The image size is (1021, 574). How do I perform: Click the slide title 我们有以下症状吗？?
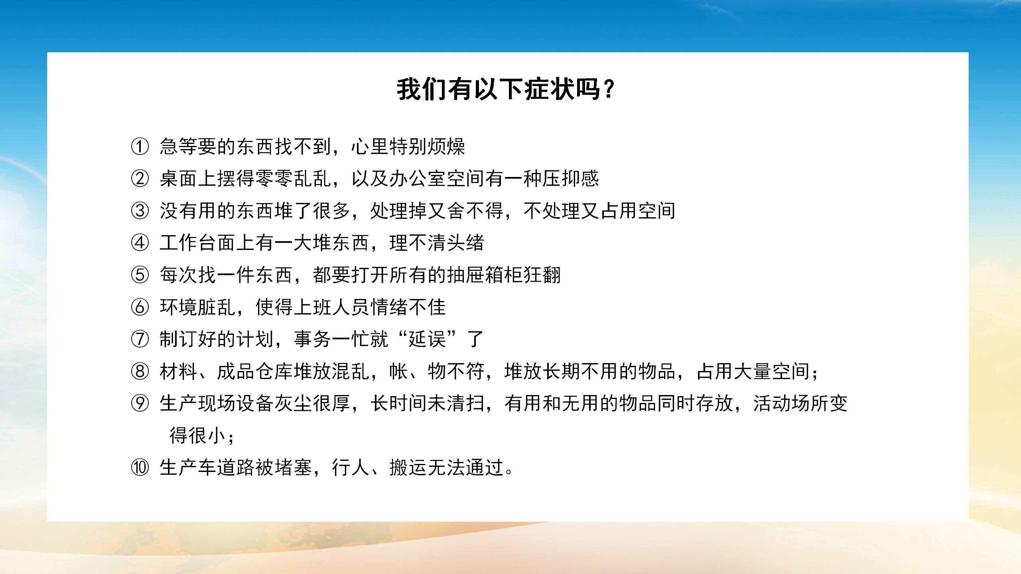pos(506,89)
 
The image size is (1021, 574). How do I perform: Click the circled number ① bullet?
pos(140,146)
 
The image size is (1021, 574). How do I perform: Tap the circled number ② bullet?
pos(140,178)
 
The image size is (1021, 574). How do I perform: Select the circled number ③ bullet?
pos(140,210)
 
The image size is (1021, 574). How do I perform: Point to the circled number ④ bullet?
pos(140,242)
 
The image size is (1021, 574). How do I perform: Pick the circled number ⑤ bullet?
pos(140,275)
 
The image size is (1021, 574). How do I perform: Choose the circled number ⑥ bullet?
pos(140,307)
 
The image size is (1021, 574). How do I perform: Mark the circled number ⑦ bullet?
pos(140,339)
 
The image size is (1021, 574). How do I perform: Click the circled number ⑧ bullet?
pos(140,371)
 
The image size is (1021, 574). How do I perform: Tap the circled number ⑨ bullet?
pos(140,403)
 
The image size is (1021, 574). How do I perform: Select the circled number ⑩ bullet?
pos(140,467)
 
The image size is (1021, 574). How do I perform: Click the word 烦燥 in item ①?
pos(446,146)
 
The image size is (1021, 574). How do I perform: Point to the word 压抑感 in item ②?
pos(571,178)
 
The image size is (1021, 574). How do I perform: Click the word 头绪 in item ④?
pos(465,242)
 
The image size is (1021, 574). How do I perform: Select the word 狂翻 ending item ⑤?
pos(542,275)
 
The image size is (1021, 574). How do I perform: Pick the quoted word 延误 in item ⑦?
pos(427,339)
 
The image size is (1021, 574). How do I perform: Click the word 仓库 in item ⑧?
pos(274,371)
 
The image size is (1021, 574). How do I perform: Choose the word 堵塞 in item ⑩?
pos(293,467)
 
